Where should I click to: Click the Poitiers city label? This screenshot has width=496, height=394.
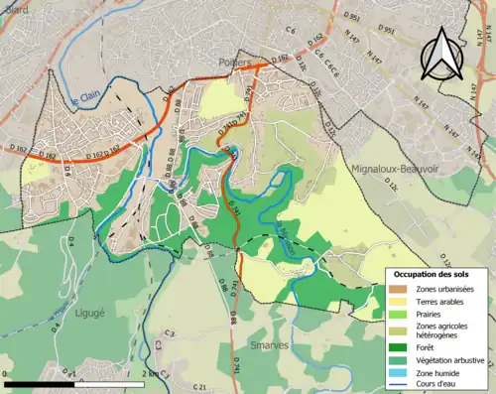click(234, 61)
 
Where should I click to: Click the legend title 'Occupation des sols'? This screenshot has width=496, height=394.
click(435, 273)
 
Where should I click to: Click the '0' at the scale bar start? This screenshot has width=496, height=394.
click(6, 372)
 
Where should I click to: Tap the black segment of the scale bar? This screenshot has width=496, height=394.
click(40, 382)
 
